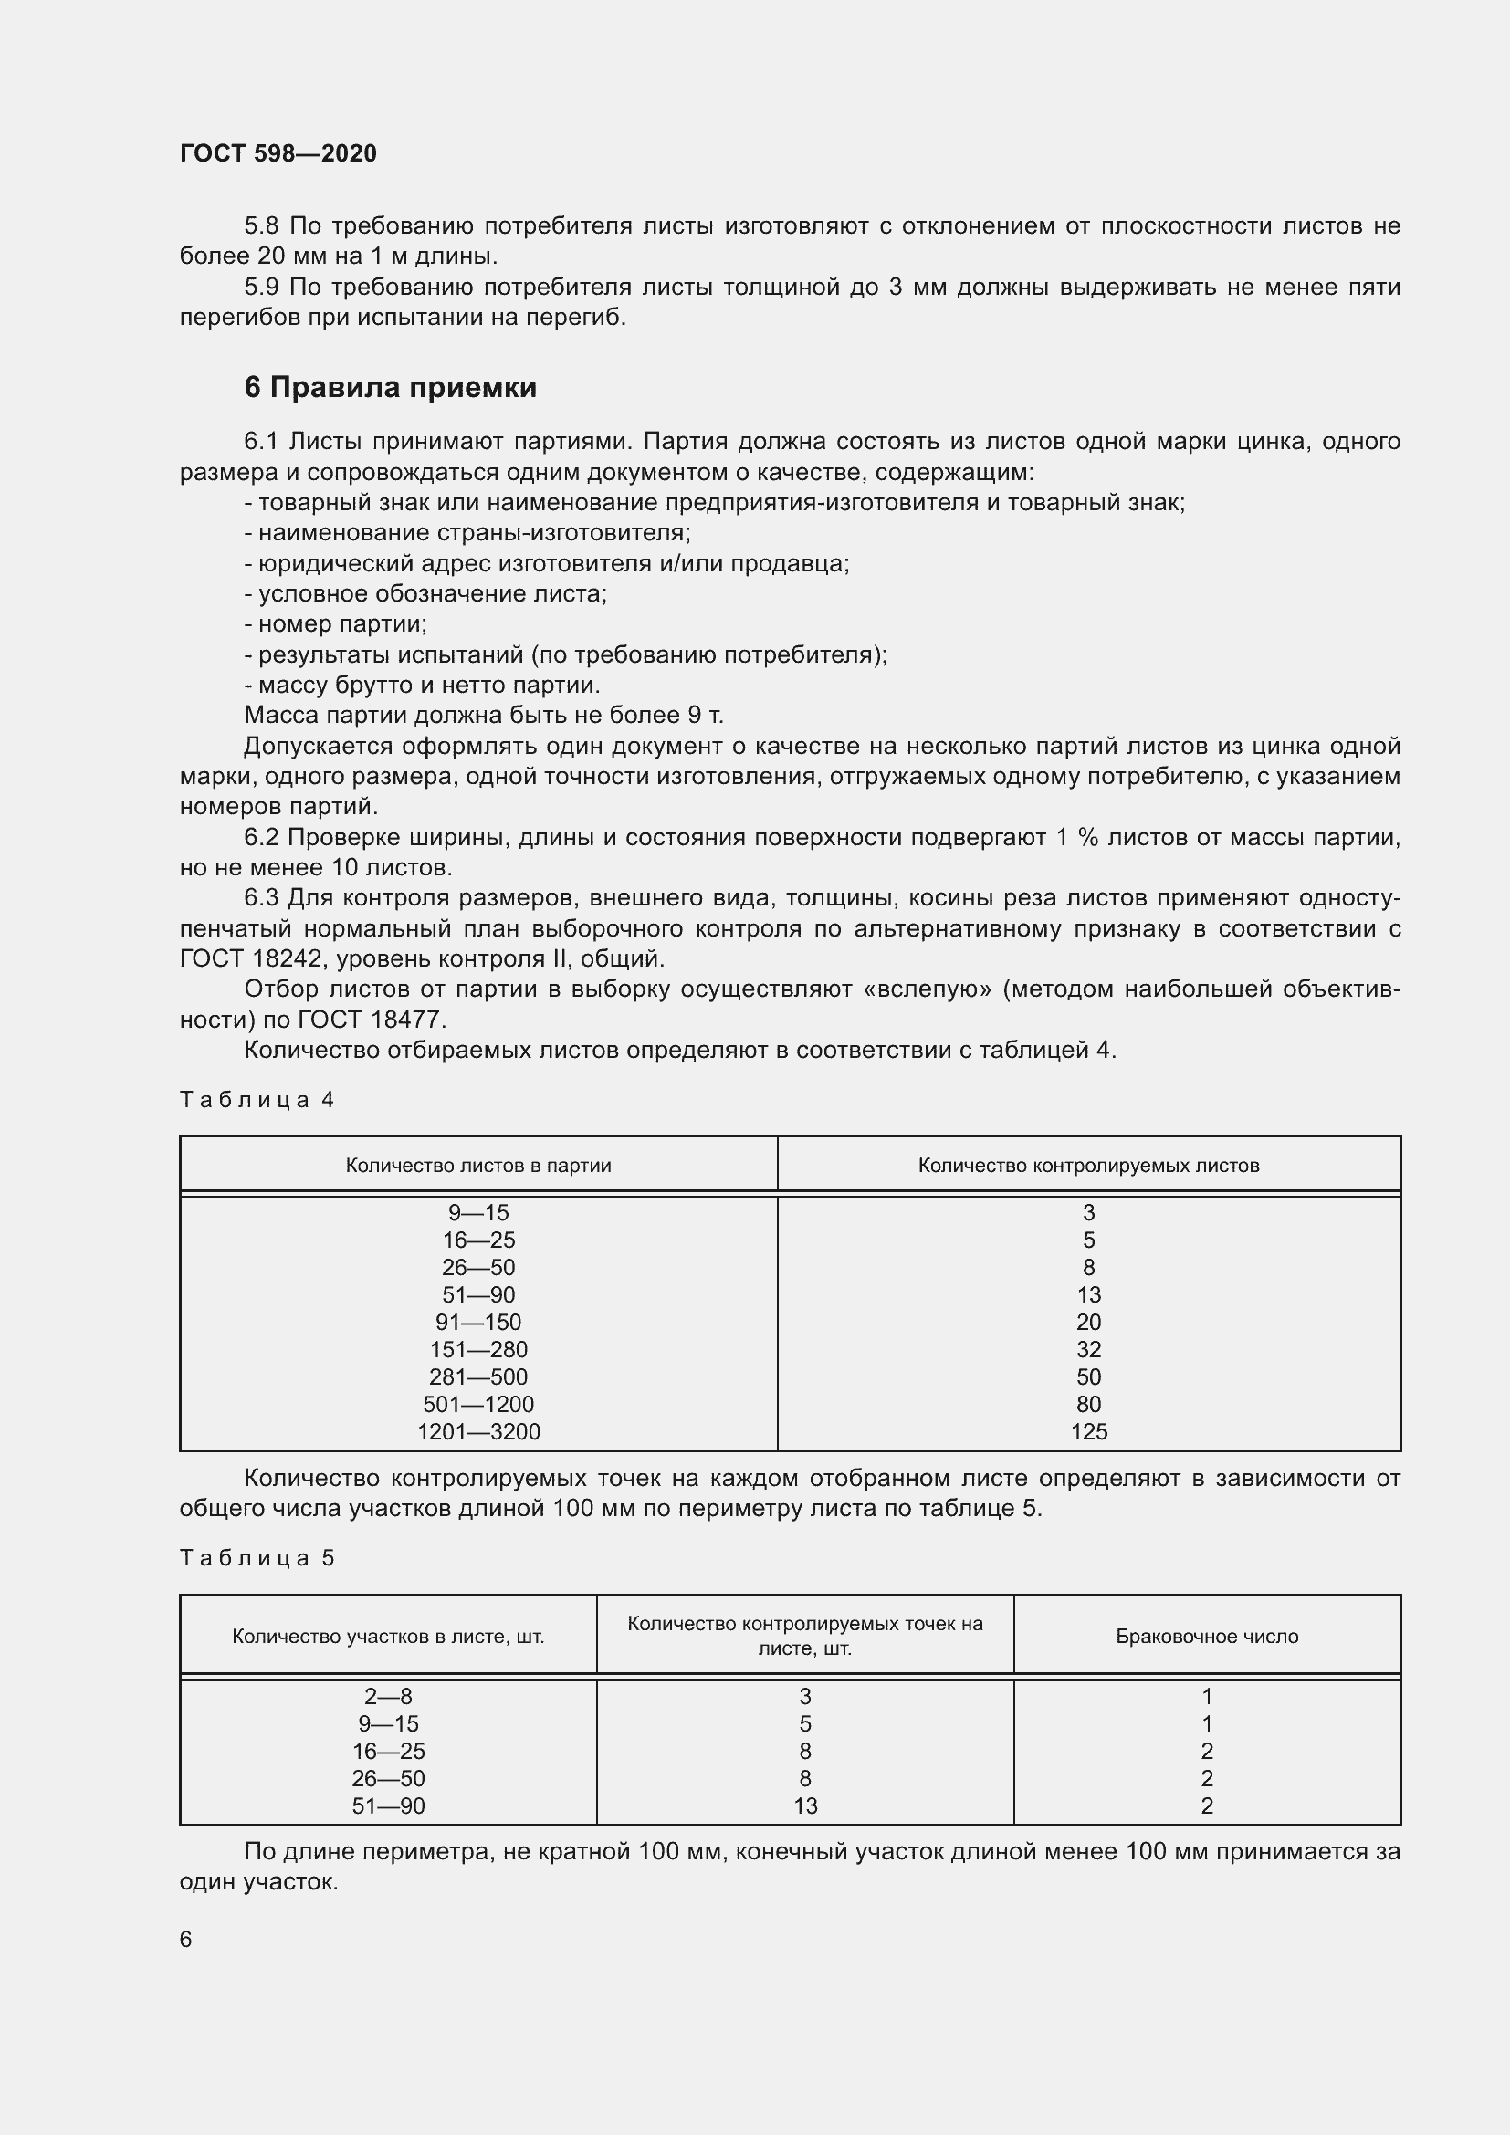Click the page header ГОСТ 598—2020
tap(278, 153)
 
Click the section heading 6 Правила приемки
tap(390, 387)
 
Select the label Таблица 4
tap(256, 1100)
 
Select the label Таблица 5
tap(256, 1557)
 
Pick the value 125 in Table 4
tap(1088, 1431)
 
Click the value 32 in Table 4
tap(1088, 1349)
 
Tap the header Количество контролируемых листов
tap(1088, 1165)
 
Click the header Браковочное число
tap(1206, 1636)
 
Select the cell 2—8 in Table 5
tap(388, 1696)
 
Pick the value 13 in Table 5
tap(804, 1805)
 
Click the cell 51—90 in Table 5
tap(388, 1805)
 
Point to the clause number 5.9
tap(262, 288)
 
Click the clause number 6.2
tap(261, 838)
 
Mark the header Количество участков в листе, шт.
tap(388, 1636)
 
